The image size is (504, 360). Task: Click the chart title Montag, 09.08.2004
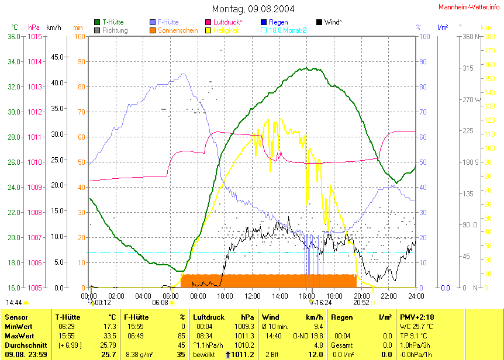[x=253, y=9]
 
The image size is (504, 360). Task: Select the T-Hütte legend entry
[x=112, y=22]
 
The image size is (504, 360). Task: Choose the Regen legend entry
[x=278, y=22]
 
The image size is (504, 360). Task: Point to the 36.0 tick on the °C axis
[x=13, y=37]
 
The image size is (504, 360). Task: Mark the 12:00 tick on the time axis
[x=252, y=296]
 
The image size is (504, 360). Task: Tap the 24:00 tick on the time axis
[x=416, y=296]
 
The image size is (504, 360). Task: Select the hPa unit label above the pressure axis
[x=34, y=27]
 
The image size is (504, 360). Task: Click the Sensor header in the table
[x=16, y=316]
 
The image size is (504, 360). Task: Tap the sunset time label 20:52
[x=361, y=303]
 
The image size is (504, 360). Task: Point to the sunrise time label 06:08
[x=160, y=303]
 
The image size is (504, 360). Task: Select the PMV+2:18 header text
[x=417, y=316]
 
